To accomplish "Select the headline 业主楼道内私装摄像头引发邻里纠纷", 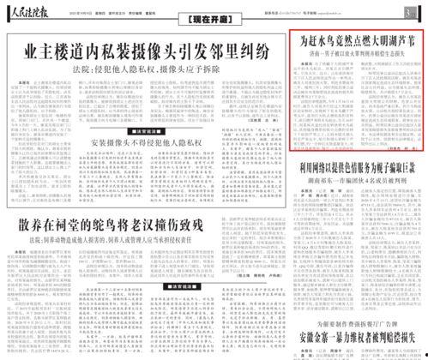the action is (143, 51).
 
